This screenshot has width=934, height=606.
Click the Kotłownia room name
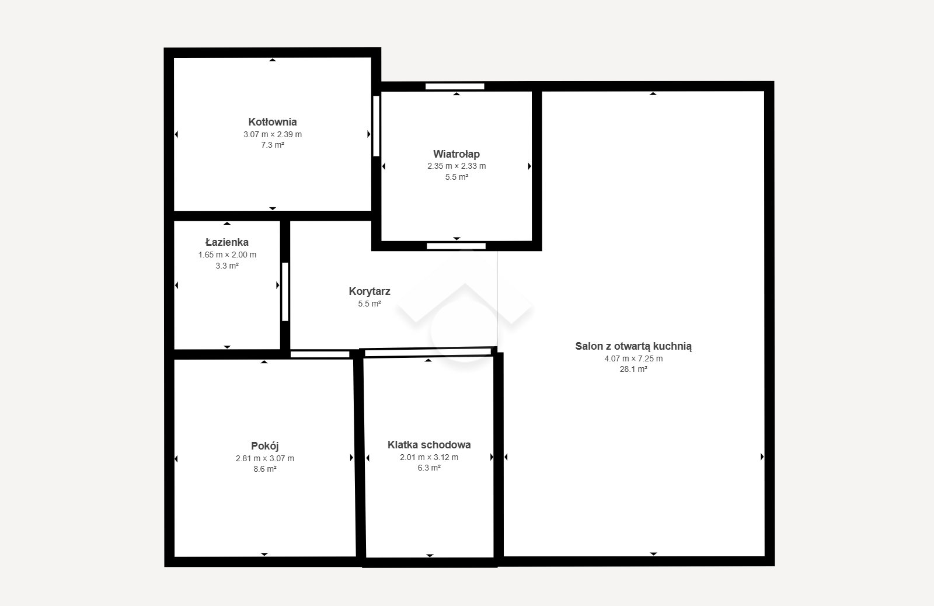(x=272, y=122)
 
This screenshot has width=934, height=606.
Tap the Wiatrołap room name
(x=456, y=154)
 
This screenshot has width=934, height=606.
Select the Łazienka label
(x=227, y=242)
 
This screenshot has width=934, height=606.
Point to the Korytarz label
(x=370, y=291)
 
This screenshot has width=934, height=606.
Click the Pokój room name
(x=265, y=446)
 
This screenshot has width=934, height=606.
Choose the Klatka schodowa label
(x=429, y=445)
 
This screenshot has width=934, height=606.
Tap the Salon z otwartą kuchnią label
(x=633, y=346)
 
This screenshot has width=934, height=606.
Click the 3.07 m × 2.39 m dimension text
(x=273, y=134)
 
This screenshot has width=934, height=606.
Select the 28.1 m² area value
(x=633, y=369)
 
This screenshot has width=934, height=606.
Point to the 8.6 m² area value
(x=265, y=469)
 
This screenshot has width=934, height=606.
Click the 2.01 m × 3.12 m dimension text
(x=429, y=457)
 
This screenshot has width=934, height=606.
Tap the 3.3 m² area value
(x=227, y=266)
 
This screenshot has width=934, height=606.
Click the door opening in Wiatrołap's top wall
(x=455, y=86)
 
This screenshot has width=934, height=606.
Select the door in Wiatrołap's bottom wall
(x=456, y=246)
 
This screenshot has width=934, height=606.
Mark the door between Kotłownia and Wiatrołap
(x=376, y=126)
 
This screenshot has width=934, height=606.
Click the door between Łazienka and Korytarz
(x=285, y=291)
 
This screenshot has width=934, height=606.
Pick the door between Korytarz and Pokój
(x=320, y=354)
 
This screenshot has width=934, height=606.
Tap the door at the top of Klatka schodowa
(x=428, y=353)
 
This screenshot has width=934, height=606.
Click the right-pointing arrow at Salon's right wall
(x=762, y=457)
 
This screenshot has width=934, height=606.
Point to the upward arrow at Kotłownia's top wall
(x=272, y=60)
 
